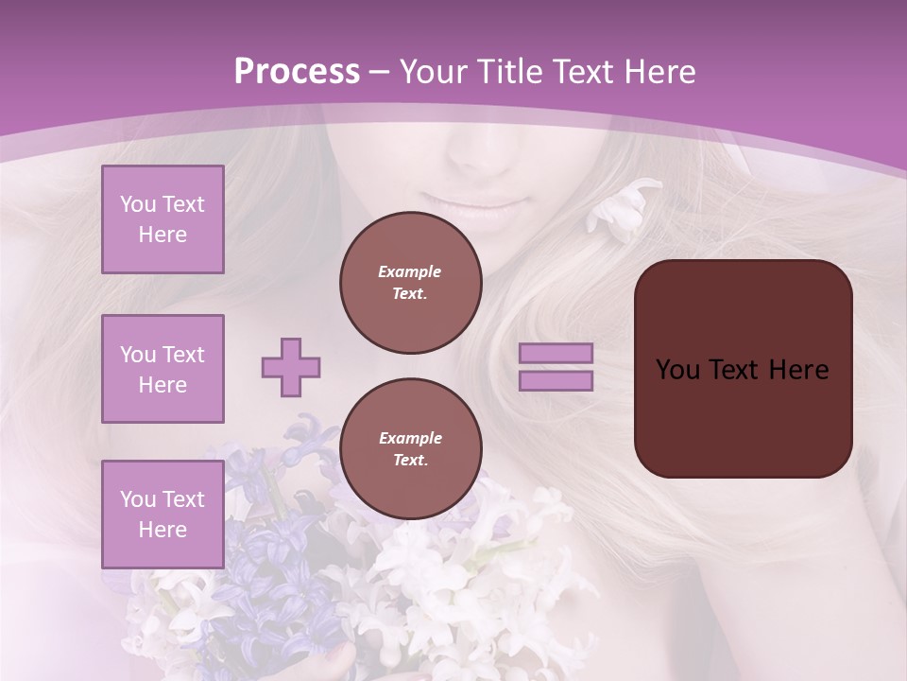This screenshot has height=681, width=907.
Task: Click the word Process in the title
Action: coord(297,72)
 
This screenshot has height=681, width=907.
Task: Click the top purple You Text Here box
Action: coord(163,219)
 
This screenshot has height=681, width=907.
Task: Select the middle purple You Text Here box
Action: coord(163,369)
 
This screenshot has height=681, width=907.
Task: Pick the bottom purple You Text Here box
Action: coord(163,514)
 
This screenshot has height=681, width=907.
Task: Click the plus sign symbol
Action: coord(291,367)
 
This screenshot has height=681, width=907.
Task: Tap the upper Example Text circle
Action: coord(410,283)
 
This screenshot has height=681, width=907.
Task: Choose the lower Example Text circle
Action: coord(410,448)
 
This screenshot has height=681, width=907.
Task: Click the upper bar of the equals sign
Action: coord(556,354)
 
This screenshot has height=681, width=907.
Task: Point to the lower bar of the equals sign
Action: coord(556,380)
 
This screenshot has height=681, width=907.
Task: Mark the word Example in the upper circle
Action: coord(410,271)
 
